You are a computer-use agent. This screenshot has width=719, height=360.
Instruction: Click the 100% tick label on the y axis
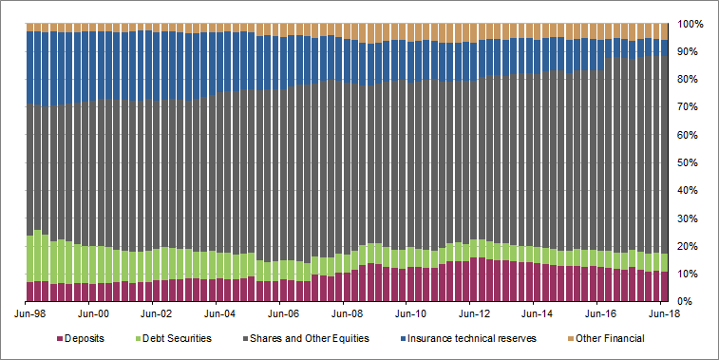point(690,23)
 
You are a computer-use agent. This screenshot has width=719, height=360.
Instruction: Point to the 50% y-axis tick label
point(690,162)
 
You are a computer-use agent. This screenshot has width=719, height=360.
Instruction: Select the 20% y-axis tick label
point(690,246)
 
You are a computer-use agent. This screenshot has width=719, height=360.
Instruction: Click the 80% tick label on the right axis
point(690,79)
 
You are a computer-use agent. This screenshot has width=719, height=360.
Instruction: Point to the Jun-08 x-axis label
point(346,311)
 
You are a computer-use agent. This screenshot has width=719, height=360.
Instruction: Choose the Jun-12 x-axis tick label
point(472,311)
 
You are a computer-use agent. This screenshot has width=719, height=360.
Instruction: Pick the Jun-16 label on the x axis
point(598,311)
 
